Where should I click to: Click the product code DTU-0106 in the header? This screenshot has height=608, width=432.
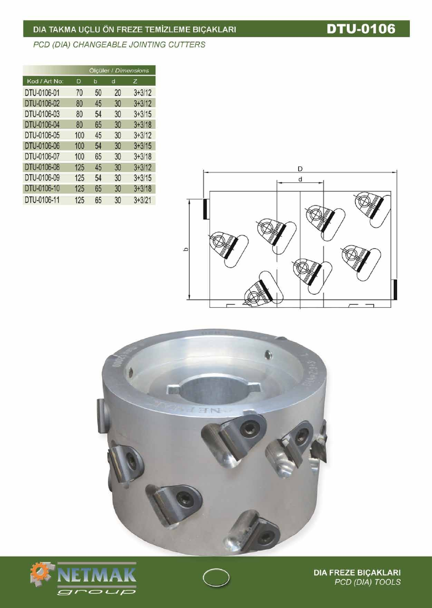point(361,29)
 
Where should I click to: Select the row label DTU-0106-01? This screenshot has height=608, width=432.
point(42,93)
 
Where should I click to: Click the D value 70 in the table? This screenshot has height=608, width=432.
point(79,93)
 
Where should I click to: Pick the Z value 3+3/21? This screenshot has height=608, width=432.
point(143,200)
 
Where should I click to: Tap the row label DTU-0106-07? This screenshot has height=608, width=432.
point(42,156)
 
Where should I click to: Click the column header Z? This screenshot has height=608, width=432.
point(135,81)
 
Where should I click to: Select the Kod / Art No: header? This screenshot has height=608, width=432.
point(45,81)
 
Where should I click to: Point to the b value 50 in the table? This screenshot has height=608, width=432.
point(98,93)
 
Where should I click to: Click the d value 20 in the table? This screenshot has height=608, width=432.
point(118,93)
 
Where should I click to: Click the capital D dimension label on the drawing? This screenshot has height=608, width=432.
point(300,169)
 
